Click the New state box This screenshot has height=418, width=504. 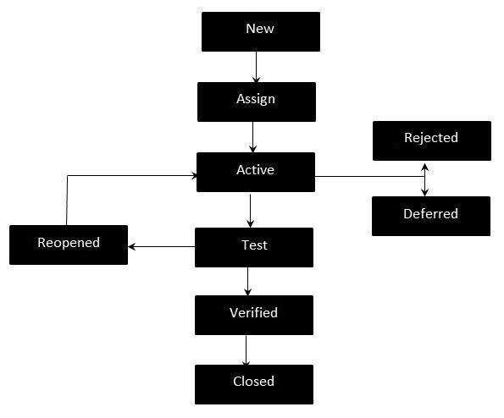260,30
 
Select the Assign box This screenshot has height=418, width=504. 256,101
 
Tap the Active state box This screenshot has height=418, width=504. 255,172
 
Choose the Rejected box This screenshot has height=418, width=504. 431,140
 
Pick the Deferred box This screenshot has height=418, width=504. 430,216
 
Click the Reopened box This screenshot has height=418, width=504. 69,245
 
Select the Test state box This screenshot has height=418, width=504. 254,247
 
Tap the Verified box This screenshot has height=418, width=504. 253,315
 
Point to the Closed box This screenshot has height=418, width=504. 253,383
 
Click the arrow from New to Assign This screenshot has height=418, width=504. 256,67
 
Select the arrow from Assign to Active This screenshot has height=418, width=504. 253,136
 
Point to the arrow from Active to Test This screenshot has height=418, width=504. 250,210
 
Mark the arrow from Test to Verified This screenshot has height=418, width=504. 247,280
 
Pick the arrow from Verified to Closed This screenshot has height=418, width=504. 246,349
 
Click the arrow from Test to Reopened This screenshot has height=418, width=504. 162,247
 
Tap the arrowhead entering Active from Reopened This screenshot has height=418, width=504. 194,176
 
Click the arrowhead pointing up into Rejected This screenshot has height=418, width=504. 424,165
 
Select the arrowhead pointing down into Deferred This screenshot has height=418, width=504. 424,192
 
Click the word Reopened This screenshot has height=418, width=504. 69,243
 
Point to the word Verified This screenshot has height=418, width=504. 253,313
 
